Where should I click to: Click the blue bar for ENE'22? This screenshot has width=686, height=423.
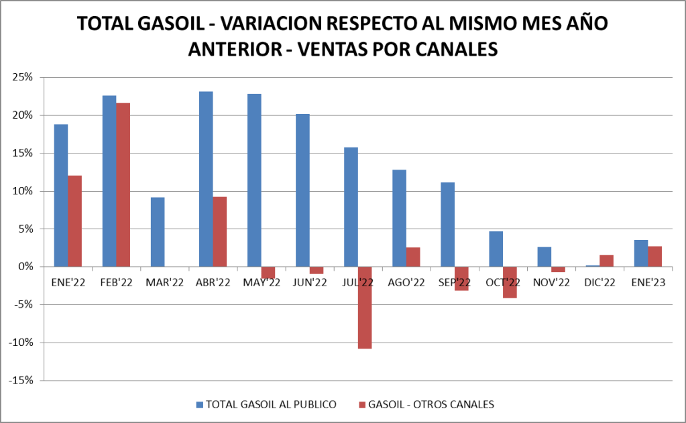click(x=61, y=195)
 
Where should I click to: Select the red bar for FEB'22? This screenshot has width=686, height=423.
click(x=123, y=184)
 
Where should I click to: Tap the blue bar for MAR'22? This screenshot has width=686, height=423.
click(x=158, y=231)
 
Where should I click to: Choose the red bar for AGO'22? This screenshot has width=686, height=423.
click(x=412, y=257)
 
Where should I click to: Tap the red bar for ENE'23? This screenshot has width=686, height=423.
click(x=654, y=256)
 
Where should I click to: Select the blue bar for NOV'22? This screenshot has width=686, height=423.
click(x=544, y=256)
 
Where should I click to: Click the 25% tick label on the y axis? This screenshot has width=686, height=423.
click(x=22, y=77)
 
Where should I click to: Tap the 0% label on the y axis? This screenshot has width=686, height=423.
click(x=25, y=267)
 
